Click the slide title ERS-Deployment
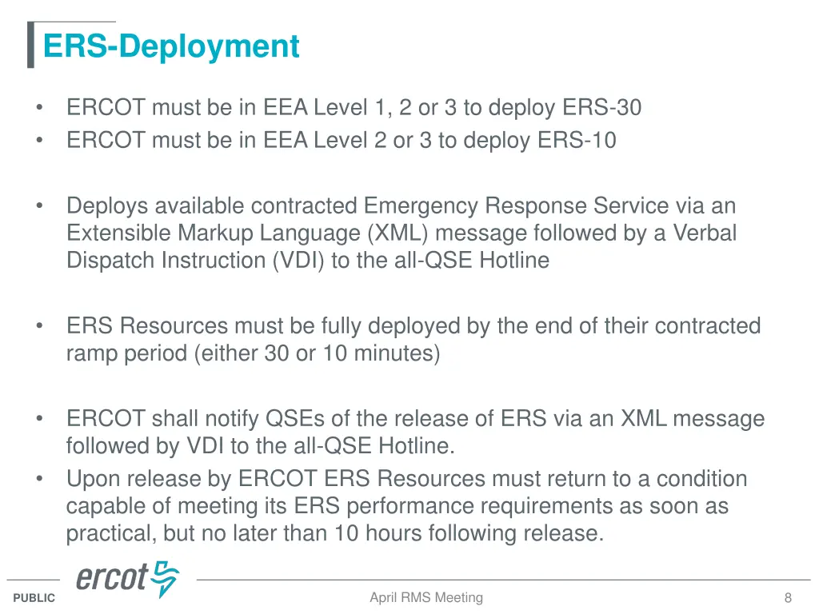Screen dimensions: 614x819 pyautogui.click(x=171, y=46)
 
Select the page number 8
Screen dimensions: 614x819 pyautogui.click(x=788, y=598)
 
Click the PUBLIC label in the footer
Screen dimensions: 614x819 pyautogui.click(x=34, y=598)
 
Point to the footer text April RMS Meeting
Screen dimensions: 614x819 pyautogui.click(x=426, y=597)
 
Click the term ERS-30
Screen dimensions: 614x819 pyautogui.click(x=601, y=107)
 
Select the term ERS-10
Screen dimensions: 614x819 pyautogui.click(x=577, y=140)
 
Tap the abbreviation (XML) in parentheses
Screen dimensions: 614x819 pyautogui.click(x=398, y=233)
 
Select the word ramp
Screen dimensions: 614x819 pyautogui.click(x=92, y=353)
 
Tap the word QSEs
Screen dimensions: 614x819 pyautogui.click(x=295, y=419)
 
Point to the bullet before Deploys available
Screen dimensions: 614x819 pyautogui.click(x=38, y=206)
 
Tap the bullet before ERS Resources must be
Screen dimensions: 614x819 pyautogui.click(x=38, y=326)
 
